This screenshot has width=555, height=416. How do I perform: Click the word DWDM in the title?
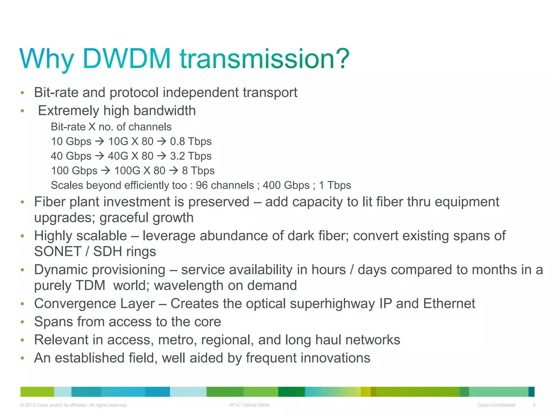click(127, 58)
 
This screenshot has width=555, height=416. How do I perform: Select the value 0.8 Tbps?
click(191, 141)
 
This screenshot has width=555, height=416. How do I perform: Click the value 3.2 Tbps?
click(191, 156)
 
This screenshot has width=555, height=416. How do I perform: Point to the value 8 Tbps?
click(198, 171)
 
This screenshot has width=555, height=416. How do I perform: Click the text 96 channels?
click(225, 185)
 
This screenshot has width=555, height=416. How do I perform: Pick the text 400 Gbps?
click(286, 185)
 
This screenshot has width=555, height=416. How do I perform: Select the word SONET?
click(58, 251)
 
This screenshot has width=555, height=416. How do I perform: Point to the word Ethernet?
click(449, 303)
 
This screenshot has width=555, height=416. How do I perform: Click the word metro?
click(177, 340)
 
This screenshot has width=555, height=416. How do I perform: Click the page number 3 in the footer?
click(534, 405)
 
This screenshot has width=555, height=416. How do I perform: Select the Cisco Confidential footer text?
click(496, 405)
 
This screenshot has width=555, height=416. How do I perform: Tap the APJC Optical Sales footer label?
click(249, 405)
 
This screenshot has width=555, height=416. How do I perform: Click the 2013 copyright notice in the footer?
click(73, 405)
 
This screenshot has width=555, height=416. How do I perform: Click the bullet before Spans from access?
click(22, 322)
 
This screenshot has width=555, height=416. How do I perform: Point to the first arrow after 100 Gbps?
click(106, 171)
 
